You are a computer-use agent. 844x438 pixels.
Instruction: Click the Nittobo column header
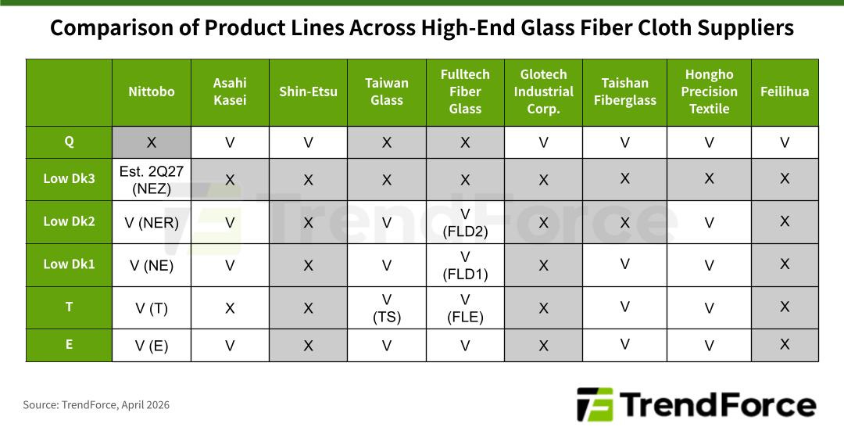[152, 92]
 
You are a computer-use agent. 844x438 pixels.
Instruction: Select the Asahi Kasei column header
[230, 92]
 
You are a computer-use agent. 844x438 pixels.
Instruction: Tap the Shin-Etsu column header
[308, 92]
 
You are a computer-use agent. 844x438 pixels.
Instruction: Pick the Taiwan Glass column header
[387, 92]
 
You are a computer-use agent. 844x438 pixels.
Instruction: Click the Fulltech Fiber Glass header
[465, 92]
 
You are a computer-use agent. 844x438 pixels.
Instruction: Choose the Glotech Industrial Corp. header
[544, 92]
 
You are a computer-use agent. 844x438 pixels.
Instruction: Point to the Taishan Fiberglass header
[625, 92]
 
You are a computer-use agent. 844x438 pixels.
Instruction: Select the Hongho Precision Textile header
[709, 92]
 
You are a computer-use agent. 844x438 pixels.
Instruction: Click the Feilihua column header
[785, 92]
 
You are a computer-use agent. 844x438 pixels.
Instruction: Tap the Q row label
[69, 142]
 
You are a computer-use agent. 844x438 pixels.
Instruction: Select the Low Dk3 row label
[69, 178]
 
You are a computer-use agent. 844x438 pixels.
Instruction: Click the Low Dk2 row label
[69, 221]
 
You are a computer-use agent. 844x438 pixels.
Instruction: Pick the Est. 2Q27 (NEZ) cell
[152, 179]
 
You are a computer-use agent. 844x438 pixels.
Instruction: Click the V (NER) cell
[152, 223]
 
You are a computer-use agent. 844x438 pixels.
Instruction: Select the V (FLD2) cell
[465, 223]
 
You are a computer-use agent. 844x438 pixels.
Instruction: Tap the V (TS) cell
[387, 308]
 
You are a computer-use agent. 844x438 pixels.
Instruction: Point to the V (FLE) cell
[465, 308]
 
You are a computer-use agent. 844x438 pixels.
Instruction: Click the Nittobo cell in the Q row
[152, 142]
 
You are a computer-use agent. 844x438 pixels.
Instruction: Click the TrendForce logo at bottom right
[696, 404]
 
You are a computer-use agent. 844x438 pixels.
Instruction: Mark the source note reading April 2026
[96, 405]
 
